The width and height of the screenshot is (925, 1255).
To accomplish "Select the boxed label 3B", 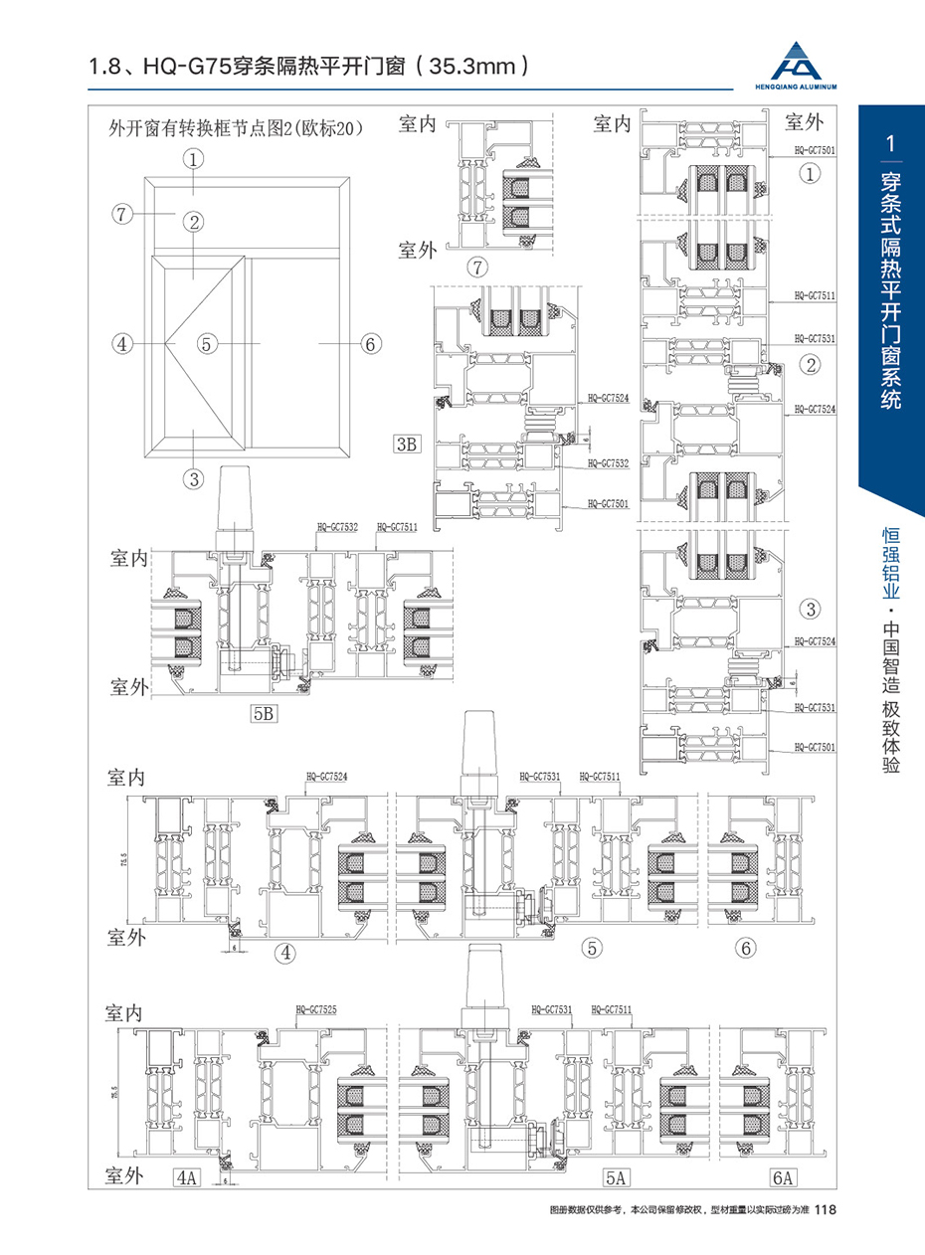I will (x=406, y=445).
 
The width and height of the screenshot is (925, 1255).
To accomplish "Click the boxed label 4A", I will (x=186, y=1178).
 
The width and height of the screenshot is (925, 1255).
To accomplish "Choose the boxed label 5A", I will (x=616, y=1178).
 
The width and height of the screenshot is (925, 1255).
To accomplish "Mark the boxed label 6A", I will (x=783, y=1178).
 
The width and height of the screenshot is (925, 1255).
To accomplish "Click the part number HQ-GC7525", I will (x=315, y=1010).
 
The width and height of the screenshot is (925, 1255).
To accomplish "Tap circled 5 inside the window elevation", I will (x=206, y=344).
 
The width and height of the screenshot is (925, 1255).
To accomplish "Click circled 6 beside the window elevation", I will (x=369, y=344).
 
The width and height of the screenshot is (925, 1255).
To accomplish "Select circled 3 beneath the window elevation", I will (x=193, y=478).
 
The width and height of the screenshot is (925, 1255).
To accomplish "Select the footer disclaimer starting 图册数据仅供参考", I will (x=679, y=1210).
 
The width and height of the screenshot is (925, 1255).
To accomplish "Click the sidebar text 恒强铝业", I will (x=891, y=562).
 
